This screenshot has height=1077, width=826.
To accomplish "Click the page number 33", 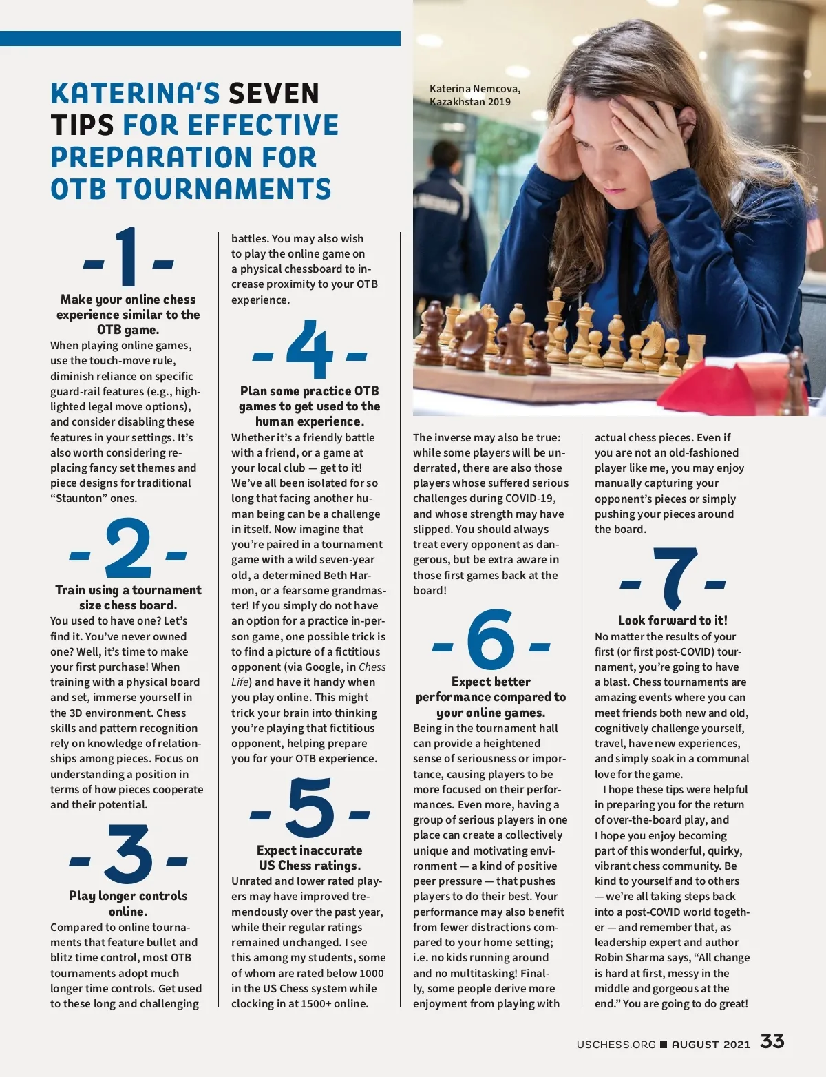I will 772,1041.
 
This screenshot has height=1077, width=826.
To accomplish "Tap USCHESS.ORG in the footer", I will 616,1045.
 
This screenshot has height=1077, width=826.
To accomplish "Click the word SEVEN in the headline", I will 274,94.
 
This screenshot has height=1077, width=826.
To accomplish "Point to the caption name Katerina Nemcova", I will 475,89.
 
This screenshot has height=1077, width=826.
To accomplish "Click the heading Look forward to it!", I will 673,620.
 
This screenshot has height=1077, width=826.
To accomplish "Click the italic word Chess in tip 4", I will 372,667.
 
